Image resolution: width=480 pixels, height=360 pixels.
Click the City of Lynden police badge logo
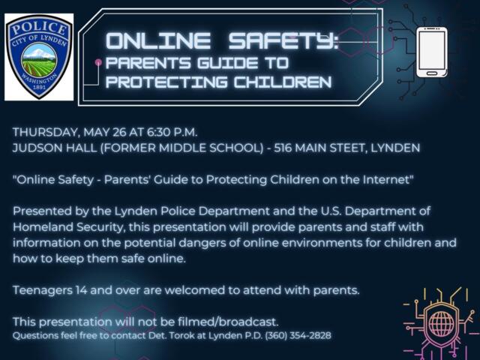(39, 56)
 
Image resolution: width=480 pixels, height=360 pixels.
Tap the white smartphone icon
(431, 51)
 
